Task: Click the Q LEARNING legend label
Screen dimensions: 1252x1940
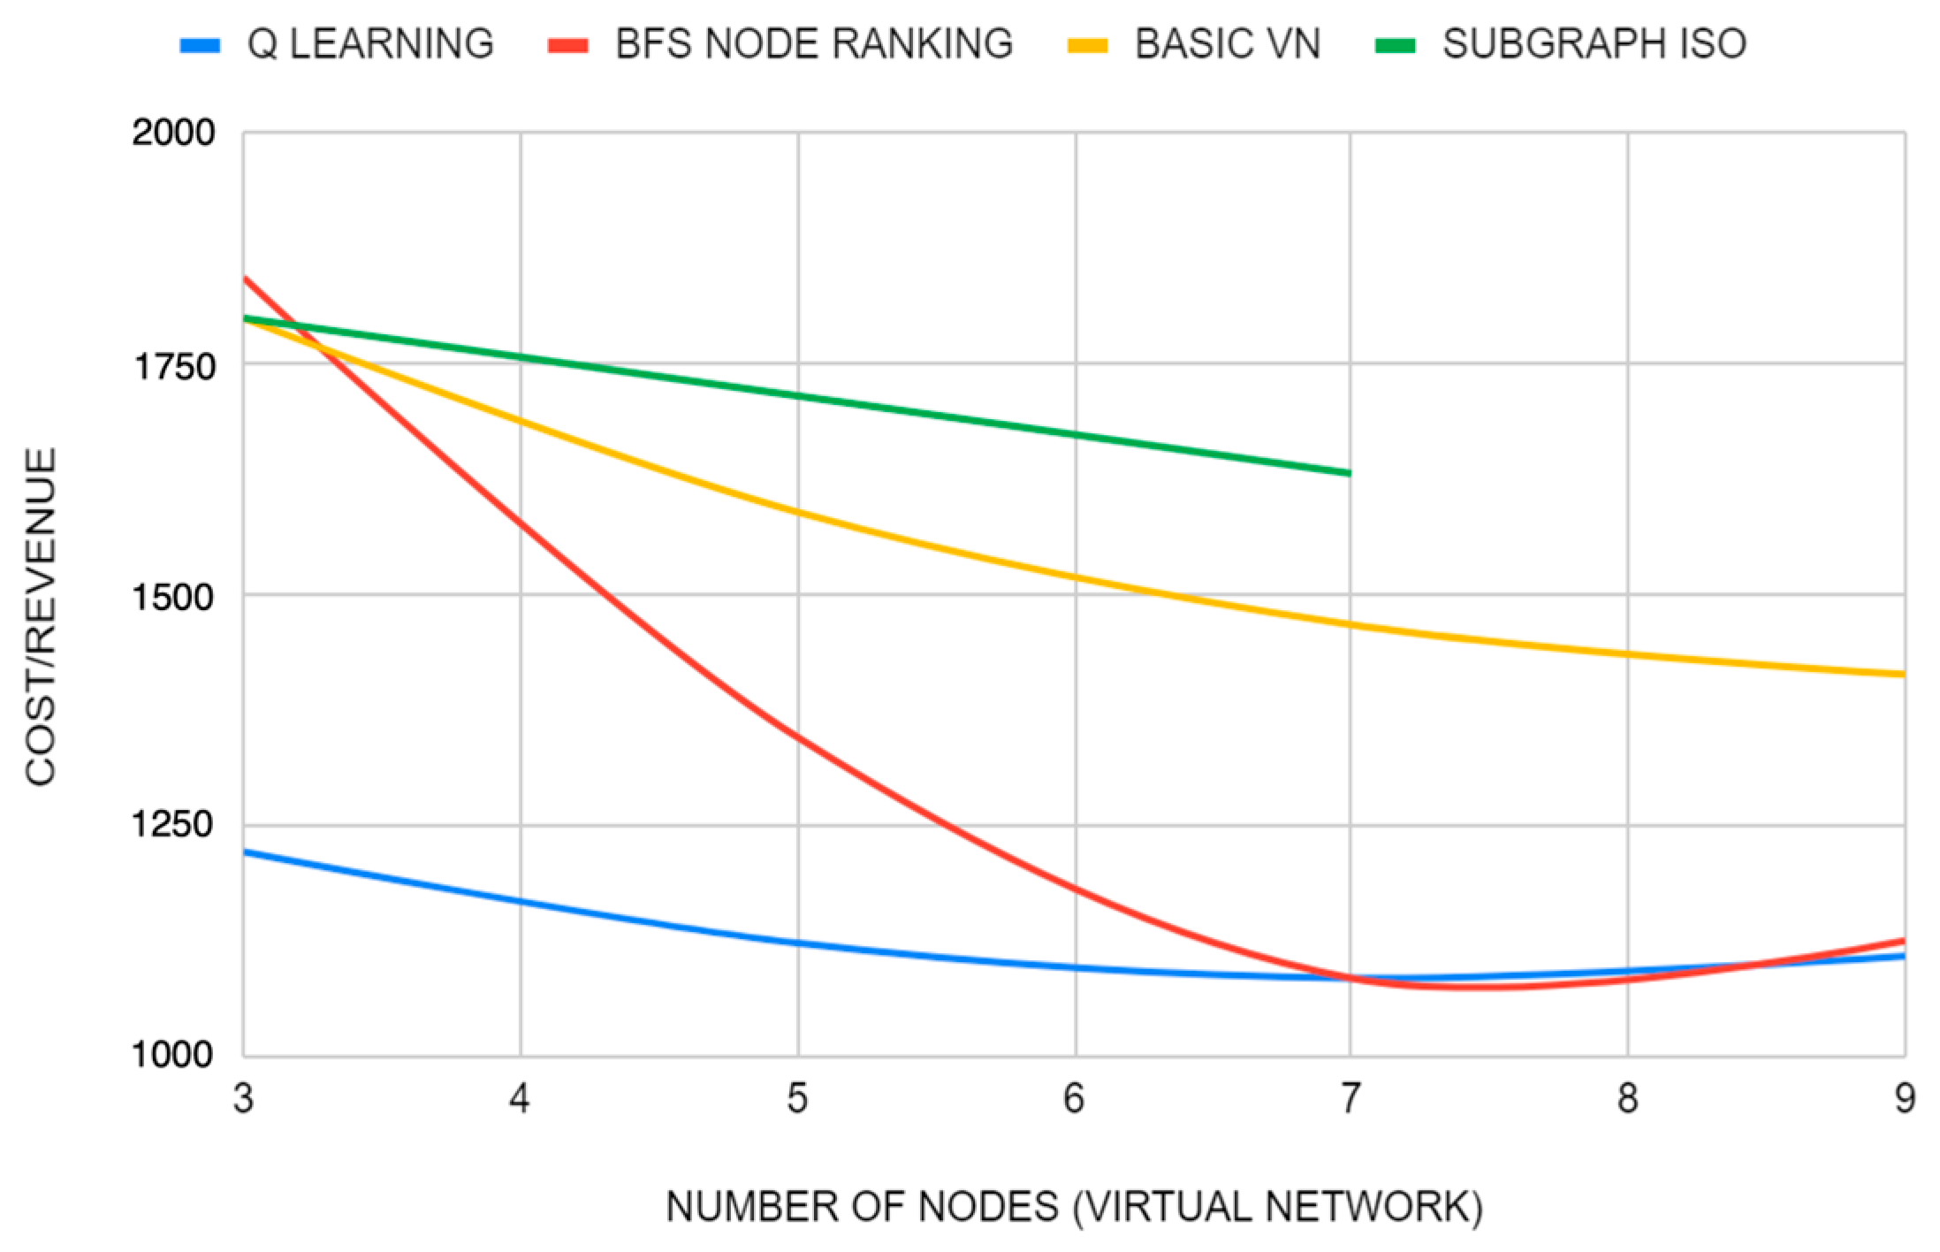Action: (369, 44)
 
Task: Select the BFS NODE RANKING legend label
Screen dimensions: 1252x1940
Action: (813, 44)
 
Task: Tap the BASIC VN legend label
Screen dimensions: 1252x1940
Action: (1227, 44)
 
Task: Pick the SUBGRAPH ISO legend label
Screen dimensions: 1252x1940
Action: (1594, 44)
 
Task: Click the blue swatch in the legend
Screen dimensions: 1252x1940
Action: (200, 45)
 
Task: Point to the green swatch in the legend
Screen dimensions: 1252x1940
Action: (1396, 45)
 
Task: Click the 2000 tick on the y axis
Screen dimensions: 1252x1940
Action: (173, 133)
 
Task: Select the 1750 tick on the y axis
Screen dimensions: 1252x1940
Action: (173, 364)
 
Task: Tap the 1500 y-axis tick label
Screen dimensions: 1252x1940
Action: (173, 596)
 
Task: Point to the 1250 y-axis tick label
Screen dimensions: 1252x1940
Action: (173, 824)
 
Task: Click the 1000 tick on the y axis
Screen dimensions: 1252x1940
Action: (173, 1054)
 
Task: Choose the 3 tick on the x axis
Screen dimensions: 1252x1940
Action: (243, 1099)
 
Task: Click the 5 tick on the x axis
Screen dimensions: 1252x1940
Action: (797, 1099)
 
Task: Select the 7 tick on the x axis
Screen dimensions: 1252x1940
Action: (1350, 1099)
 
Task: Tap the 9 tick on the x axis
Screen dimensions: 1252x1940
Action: (1904, 1099)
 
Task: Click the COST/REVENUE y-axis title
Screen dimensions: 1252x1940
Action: (41, 616)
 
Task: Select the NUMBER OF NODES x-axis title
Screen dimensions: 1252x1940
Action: (1073, 1207)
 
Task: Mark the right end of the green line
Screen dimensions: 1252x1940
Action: (1350, 473)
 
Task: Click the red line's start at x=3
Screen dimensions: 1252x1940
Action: (245, 279)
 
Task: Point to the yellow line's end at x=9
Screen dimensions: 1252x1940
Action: (1903, 675)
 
